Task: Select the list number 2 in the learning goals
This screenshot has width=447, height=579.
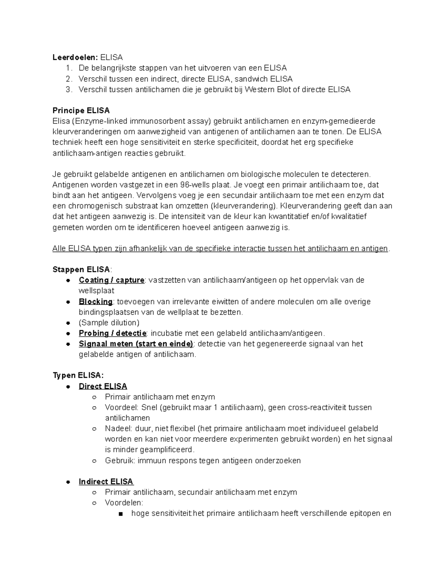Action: [x=68, y=79]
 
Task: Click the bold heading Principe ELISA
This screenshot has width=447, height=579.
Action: [x=81, y=111]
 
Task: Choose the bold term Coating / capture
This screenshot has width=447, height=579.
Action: [x=111, y=280]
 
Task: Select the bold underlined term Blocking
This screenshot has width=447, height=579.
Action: [x=95, y=302]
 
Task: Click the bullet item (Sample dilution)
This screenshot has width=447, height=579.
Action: [x=109, y=323]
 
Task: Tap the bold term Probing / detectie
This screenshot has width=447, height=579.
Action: [x=112, y=333]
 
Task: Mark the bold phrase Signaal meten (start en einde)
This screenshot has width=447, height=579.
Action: [x=136, y=344]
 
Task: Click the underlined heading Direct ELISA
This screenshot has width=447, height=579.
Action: [x=103, y=386]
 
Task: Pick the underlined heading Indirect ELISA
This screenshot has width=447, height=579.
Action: [x=106, y=482]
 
